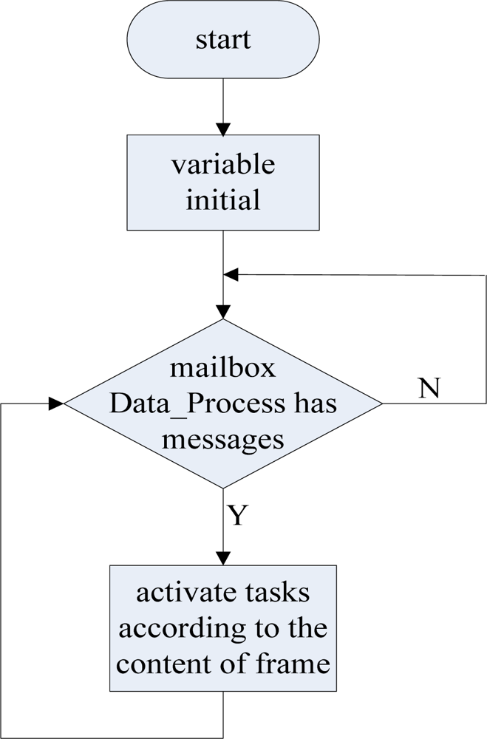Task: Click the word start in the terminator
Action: pyautogui.click(x=222, y=38)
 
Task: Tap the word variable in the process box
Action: pyautogui.click(x=222, y=164)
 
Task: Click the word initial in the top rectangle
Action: pyautogui.click(x=222, y=200)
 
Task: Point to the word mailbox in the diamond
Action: pyautogui.click(x=222, y=367)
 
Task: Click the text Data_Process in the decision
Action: pyautogui.click(x=195, y=404)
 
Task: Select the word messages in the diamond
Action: pyautogui.click(x=222, y=439)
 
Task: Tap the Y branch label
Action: pyautogui.click(x=236, y=515)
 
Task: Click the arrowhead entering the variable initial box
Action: pyautogui.click(x=222, y=128)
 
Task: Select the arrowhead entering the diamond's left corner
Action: pyautogui.click(x=56, y=404)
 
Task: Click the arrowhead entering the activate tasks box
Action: pyautogui.click(x=222, y=558)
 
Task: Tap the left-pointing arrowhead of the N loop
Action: pyautogui.click(x=231, y=275)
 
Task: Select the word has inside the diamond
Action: pyautogui.click(x=316, y=404)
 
